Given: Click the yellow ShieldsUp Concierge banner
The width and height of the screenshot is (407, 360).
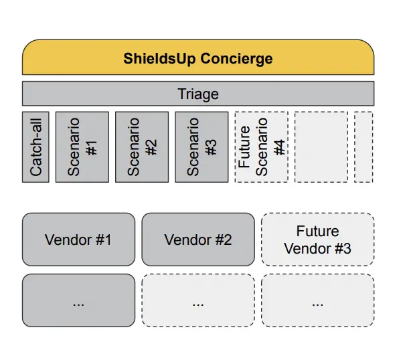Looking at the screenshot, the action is coord(198,57).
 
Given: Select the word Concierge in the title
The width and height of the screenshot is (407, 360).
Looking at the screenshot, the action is coord(236,58).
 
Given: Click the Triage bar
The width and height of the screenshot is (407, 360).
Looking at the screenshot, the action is coord(198,94).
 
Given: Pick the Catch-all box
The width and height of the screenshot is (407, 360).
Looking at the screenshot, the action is coord(35,147).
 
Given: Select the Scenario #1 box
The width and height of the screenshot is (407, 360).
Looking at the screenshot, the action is coord(82,147).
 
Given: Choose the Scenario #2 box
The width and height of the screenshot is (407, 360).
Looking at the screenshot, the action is coord(142,147).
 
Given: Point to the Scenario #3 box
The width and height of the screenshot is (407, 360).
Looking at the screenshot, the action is coord(201,147).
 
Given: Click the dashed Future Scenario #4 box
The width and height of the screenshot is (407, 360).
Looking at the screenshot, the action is coord(261,147).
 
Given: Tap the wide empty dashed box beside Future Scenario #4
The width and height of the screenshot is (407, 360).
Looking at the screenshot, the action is coord(321,147).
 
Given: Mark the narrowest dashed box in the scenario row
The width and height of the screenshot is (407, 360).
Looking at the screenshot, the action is coord(363,147).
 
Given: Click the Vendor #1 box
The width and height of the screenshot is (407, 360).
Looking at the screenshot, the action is coord(78,240).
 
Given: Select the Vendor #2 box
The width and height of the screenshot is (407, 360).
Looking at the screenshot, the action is coord(198,240).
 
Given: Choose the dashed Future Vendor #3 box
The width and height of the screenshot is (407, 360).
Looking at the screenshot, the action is coord(318,240).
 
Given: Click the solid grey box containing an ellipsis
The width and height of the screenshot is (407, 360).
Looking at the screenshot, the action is coord(78,300).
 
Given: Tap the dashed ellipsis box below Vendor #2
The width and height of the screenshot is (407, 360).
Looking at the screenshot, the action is coord(198,300).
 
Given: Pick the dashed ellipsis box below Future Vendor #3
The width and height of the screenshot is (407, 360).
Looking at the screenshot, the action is coord(318,300).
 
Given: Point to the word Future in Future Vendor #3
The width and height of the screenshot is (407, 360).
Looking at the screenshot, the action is coord(318,231).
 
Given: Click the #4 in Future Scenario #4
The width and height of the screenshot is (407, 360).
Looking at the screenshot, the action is coord(279,147).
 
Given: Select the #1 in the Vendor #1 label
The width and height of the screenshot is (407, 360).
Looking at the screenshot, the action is coord(104,240).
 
